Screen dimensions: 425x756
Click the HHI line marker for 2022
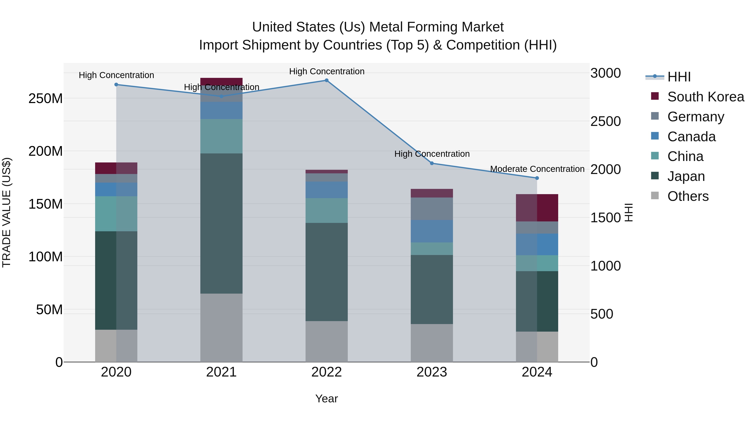326,80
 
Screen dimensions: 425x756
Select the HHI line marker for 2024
537,178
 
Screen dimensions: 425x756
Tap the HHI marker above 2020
116,84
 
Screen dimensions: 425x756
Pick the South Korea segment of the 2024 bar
537,208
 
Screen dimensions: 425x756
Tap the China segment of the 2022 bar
326,210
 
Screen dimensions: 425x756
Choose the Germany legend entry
696,117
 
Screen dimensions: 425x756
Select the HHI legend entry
679,77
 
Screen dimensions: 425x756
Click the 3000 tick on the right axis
605,73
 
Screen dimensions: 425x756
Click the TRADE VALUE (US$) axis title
7,212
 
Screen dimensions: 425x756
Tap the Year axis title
326,399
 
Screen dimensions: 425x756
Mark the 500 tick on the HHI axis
601,314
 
